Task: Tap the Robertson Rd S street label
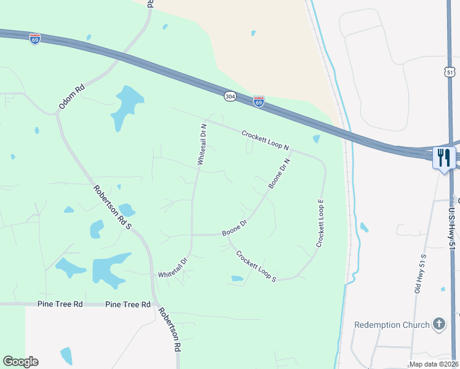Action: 113,208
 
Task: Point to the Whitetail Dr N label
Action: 201,144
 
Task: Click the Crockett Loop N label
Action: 265,140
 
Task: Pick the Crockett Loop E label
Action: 320,223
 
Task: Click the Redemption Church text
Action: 391,324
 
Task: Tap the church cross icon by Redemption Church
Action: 438,324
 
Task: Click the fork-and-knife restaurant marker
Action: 443,157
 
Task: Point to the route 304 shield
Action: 230,97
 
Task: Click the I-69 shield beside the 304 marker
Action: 259,101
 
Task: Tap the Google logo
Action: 20,362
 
